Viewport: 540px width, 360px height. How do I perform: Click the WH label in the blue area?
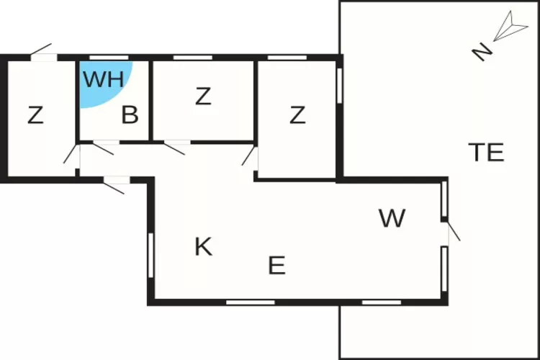point(103,78)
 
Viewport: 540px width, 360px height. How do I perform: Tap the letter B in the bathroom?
point(130,115)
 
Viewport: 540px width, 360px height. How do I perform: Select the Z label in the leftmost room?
point(35,115)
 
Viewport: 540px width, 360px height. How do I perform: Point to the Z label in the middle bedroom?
point(203,96)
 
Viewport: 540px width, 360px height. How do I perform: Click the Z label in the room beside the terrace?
point(297,115)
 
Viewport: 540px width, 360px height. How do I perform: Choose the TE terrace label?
point(486,153)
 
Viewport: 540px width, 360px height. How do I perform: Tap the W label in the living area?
point(392,218)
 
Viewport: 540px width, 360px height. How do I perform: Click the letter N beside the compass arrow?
point(482,51)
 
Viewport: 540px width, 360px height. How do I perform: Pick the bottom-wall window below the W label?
point(381,302)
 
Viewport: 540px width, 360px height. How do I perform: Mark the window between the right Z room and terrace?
point(339,85)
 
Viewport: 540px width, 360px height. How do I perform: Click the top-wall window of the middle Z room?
point(188,57)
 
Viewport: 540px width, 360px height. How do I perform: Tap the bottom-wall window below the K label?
point(240,302)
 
